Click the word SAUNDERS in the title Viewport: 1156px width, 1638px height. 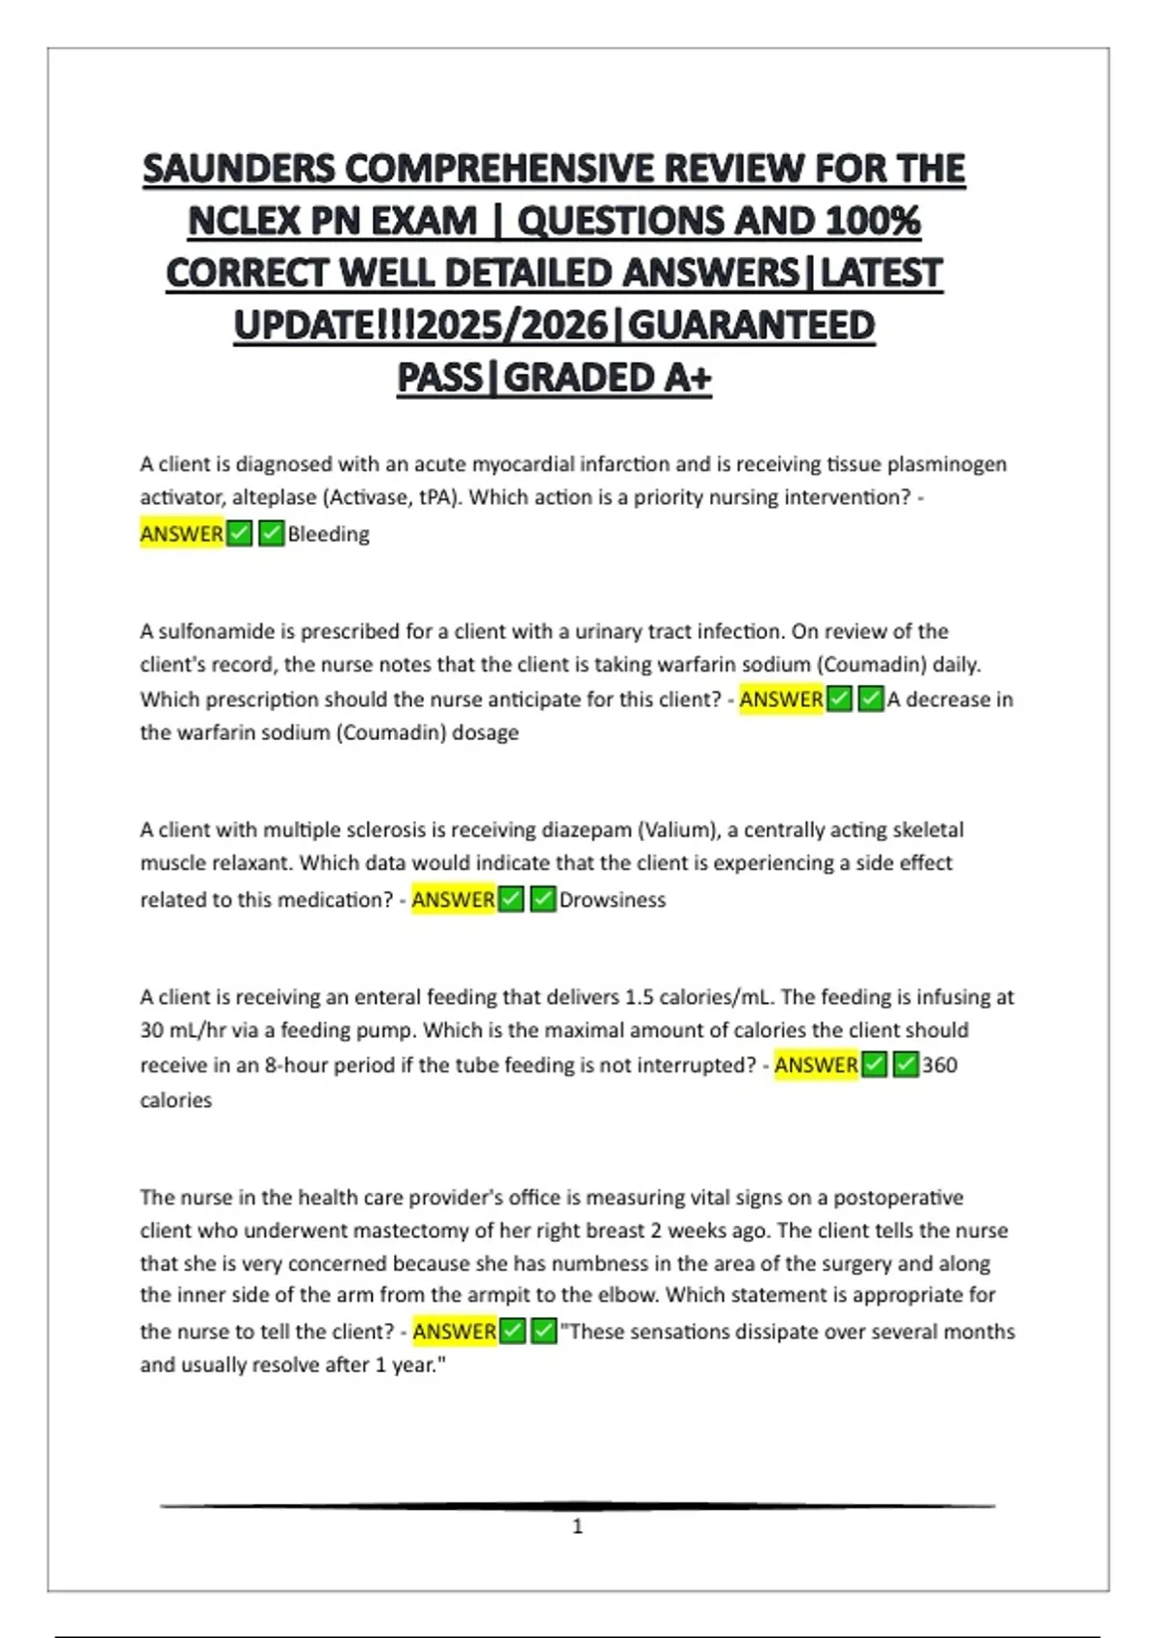[240, 169]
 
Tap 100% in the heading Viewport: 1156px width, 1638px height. [872, 221]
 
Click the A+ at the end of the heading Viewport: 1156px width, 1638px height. [687, 378]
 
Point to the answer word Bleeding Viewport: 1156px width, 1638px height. [328, 534]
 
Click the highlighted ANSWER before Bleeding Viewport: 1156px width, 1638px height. [182, 534]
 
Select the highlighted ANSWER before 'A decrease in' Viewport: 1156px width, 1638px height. [781, 700]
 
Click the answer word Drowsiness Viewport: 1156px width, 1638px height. [613, 900]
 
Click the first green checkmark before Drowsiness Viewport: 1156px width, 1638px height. [512, 900]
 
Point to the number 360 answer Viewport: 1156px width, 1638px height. [939, 1065]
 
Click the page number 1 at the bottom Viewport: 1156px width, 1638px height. [578, 1526]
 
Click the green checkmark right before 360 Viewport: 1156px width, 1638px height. [906, 1065]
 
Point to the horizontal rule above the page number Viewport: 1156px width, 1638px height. [578, 1505]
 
